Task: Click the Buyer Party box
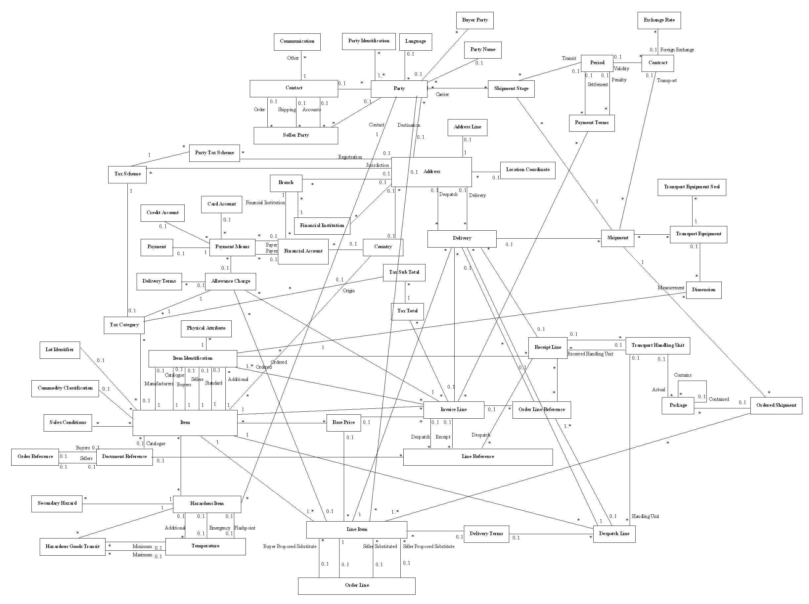coord(474,21)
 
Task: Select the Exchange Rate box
coord(659,21)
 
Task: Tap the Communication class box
coord(297,42)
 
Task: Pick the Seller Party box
coord(295,135)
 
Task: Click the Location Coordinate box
coord(527,170)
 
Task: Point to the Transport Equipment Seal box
coord(691,187)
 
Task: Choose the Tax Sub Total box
coord(404,272)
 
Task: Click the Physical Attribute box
coord(206,328)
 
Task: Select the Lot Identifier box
coord(60,350)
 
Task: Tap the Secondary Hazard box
coord(57,503)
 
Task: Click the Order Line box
coord(356,585)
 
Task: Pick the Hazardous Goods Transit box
coord(72,547)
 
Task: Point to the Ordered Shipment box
coord(776,405)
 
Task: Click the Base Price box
coord(343,423)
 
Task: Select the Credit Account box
coord(162,213)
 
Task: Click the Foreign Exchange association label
coord(677,50)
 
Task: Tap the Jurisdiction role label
coord(377,165)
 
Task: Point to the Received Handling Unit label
coord(590,354)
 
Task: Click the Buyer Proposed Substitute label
coord(290,547)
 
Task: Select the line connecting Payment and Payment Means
coord(191,248)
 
